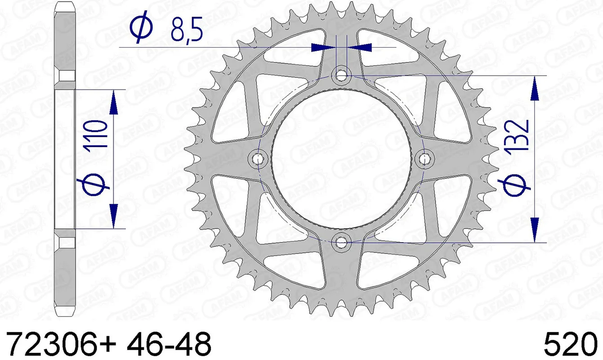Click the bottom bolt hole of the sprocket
coord(341,242)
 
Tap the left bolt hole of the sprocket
coord(258,158)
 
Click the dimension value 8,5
coord(186,30)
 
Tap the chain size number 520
coord(570,345)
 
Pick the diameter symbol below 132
coord(514,185)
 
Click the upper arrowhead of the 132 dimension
coord(535,88)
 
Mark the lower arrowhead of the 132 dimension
coord(535,229)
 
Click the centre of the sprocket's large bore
coord(342,158)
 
